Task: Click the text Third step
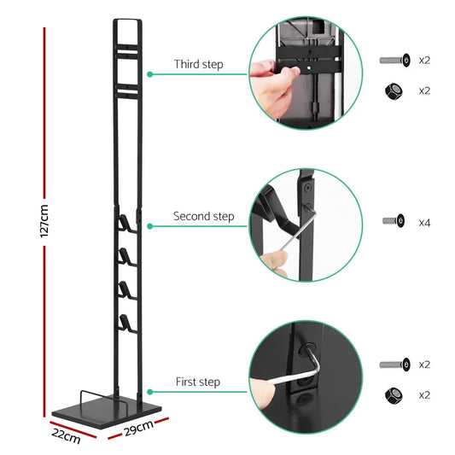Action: point(197,65)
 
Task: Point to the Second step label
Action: point(203,218)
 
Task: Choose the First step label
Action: point(198,382)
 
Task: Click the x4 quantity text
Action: point(424,222)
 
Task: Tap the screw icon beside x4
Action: point(394,221)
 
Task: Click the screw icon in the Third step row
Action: point(394,60)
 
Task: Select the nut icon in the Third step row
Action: point(394,90)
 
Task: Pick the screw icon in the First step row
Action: point(394,365)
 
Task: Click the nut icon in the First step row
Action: point(394,394)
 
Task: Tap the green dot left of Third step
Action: point(150,74)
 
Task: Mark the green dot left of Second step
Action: point(150,226)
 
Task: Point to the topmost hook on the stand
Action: point(125,223)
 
